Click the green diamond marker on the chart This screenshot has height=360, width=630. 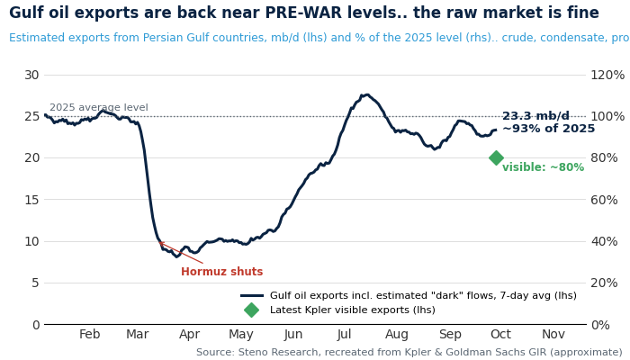[496, 157]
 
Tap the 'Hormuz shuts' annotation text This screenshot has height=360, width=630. [221, 272]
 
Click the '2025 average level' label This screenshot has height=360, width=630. [99, 108]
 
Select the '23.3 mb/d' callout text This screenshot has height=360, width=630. [535, 116]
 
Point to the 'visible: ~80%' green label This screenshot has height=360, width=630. [544, 167]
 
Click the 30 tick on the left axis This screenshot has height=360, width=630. [31, 75]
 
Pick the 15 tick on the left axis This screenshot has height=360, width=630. [31, 200]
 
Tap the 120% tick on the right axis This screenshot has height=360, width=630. [607, 75]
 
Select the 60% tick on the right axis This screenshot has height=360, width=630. [604, 200]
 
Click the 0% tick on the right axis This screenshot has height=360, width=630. [600, 325]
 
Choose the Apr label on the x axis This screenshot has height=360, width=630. [189, 334]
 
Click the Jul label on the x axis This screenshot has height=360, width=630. [345, 334]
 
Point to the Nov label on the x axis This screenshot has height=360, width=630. [553, 334]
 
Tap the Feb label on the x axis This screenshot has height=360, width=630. [89, 334]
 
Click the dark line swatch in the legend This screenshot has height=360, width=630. [252, 296]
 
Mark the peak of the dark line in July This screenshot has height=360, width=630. [366, 94]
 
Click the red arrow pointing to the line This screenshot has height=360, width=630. [181, 253]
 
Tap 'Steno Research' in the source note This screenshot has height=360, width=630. [278, 353]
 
